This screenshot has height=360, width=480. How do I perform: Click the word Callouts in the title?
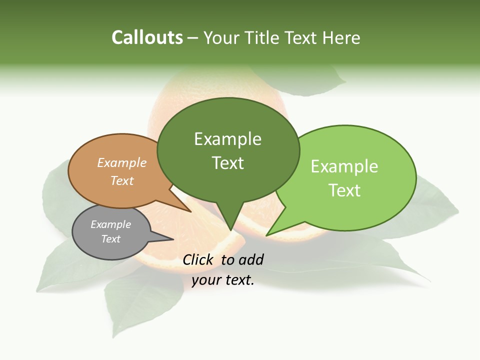click(x=147, y=37)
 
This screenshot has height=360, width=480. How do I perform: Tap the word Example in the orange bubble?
click(x=122, y=162)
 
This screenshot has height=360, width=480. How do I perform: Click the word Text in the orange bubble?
click(x=122, y=180)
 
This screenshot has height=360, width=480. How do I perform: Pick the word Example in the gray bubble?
click(x=110, y=224)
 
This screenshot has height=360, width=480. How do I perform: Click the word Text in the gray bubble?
click(x=111, y=238)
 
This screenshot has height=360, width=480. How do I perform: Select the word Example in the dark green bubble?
click(x=227, y=139)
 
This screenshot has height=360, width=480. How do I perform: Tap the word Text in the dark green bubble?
click(x=228, y=163)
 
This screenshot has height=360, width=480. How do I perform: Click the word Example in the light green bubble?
click(x=344, y=166)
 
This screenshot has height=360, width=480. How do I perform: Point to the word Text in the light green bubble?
click(x=344, y=190)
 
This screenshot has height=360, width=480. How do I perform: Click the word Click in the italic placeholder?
click(x=198, y=259)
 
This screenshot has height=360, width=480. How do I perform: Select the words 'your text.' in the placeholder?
click(x=223, y=280)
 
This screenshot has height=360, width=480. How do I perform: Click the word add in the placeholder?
click(x=250, y=259)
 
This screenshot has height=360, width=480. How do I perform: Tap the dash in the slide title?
click(x=193, y=38)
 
